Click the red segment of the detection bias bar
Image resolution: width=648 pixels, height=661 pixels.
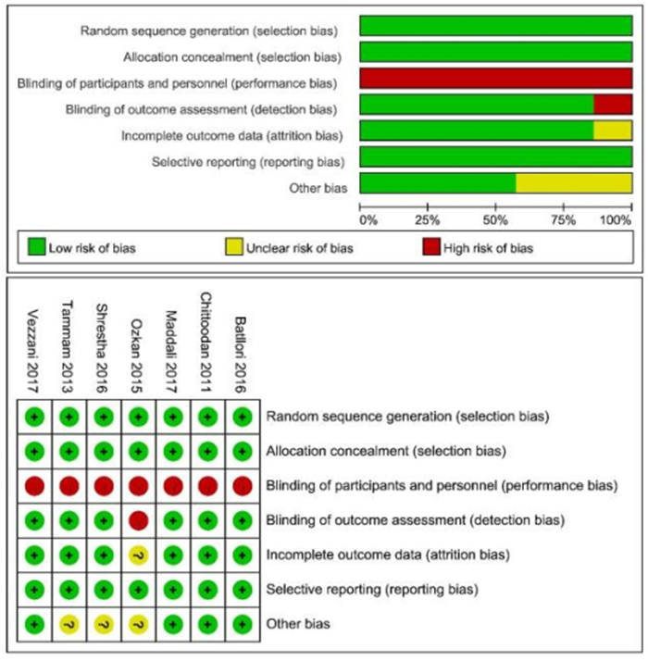point(613,105)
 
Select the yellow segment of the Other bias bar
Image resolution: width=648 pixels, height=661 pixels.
point(574,183)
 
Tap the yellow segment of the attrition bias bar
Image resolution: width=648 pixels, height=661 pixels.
point(613,131)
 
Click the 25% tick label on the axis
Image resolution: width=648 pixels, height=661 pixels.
point(427,220)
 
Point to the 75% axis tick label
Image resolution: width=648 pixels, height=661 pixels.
point(563,220)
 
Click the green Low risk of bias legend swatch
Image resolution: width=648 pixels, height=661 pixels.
point(37,247)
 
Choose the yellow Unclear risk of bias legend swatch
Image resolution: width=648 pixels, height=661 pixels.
point(235,247)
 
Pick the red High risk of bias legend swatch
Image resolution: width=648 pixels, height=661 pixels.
point(430,247)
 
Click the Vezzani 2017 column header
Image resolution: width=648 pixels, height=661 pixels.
point(34,343)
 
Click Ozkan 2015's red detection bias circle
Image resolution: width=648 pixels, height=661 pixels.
point(138,519)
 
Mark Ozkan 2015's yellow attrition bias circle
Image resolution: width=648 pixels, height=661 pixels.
point(138,555)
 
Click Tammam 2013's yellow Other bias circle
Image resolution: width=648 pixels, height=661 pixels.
point(69,625)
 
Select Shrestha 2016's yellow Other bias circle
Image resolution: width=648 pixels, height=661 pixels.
point(103,625)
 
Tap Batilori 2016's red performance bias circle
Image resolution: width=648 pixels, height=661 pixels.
point(241,485)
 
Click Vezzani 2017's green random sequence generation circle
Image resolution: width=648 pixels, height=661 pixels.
point(34,416)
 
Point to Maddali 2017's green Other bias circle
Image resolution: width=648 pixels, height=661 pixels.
point(172,625)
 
